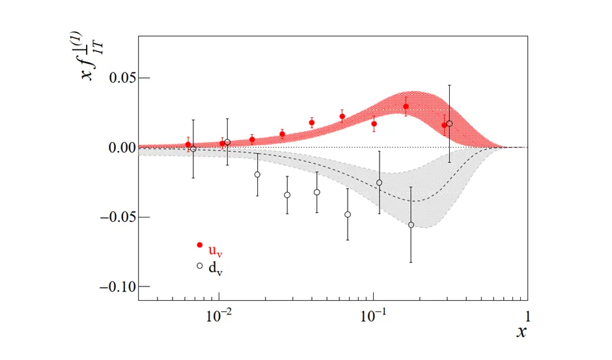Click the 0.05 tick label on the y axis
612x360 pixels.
point(122,78)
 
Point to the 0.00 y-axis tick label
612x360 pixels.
point(122,148)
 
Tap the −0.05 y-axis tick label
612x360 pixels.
point(118,217)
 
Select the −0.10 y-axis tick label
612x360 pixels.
point(118,286)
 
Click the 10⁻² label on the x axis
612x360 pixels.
point(219,316)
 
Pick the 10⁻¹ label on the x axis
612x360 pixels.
point(373,316)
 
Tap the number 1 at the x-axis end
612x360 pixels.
point(528,316)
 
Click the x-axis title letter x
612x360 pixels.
point(522,331)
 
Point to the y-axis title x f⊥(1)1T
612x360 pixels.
point(93,56)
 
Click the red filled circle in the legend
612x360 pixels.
point(200,245)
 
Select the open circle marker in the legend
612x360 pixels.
point(200,266)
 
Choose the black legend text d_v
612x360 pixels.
point(216,269)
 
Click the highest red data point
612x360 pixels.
point(406,107)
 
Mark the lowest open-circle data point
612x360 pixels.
point(411,225)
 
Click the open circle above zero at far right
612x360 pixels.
point(450,124)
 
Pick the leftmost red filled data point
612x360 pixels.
point(188,145)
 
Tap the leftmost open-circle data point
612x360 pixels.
point(193,149)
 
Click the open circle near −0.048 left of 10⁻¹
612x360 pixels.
point(348,214)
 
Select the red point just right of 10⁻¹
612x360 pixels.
point(374,124)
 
